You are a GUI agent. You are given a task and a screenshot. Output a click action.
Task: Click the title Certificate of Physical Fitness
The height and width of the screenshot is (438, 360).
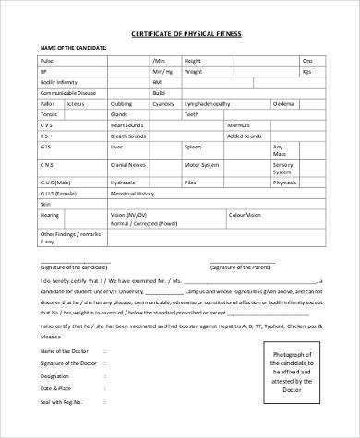click(180, 33)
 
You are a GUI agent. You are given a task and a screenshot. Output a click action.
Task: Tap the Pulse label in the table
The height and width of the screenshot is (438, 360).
click(45, 60)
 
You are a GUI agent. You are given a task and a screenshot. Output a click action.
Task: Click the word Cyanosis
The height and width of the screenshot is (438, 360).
click(164, 103)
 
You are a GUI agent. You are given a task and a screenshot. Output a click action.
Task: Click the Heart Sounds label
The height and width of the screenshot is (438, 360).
click(126, 124)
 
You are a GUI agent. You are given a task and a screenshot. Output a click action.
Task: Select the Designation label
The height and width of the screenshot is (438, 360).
click(53, 377)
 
